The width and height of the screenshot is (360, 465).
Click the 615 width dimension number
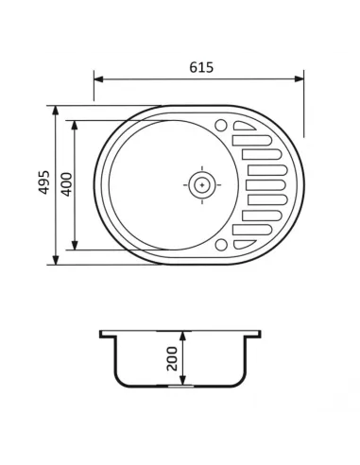[201, 67]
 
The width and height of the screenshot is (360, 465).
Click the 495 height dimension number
[43, 185]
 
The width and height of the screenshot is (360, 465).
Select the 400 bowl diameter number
[65, 185]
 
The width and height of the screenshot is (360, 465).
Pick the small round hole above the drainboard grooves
[221, 124]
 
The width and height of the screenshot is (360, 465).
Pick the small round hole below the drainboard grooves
[221, 245]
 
